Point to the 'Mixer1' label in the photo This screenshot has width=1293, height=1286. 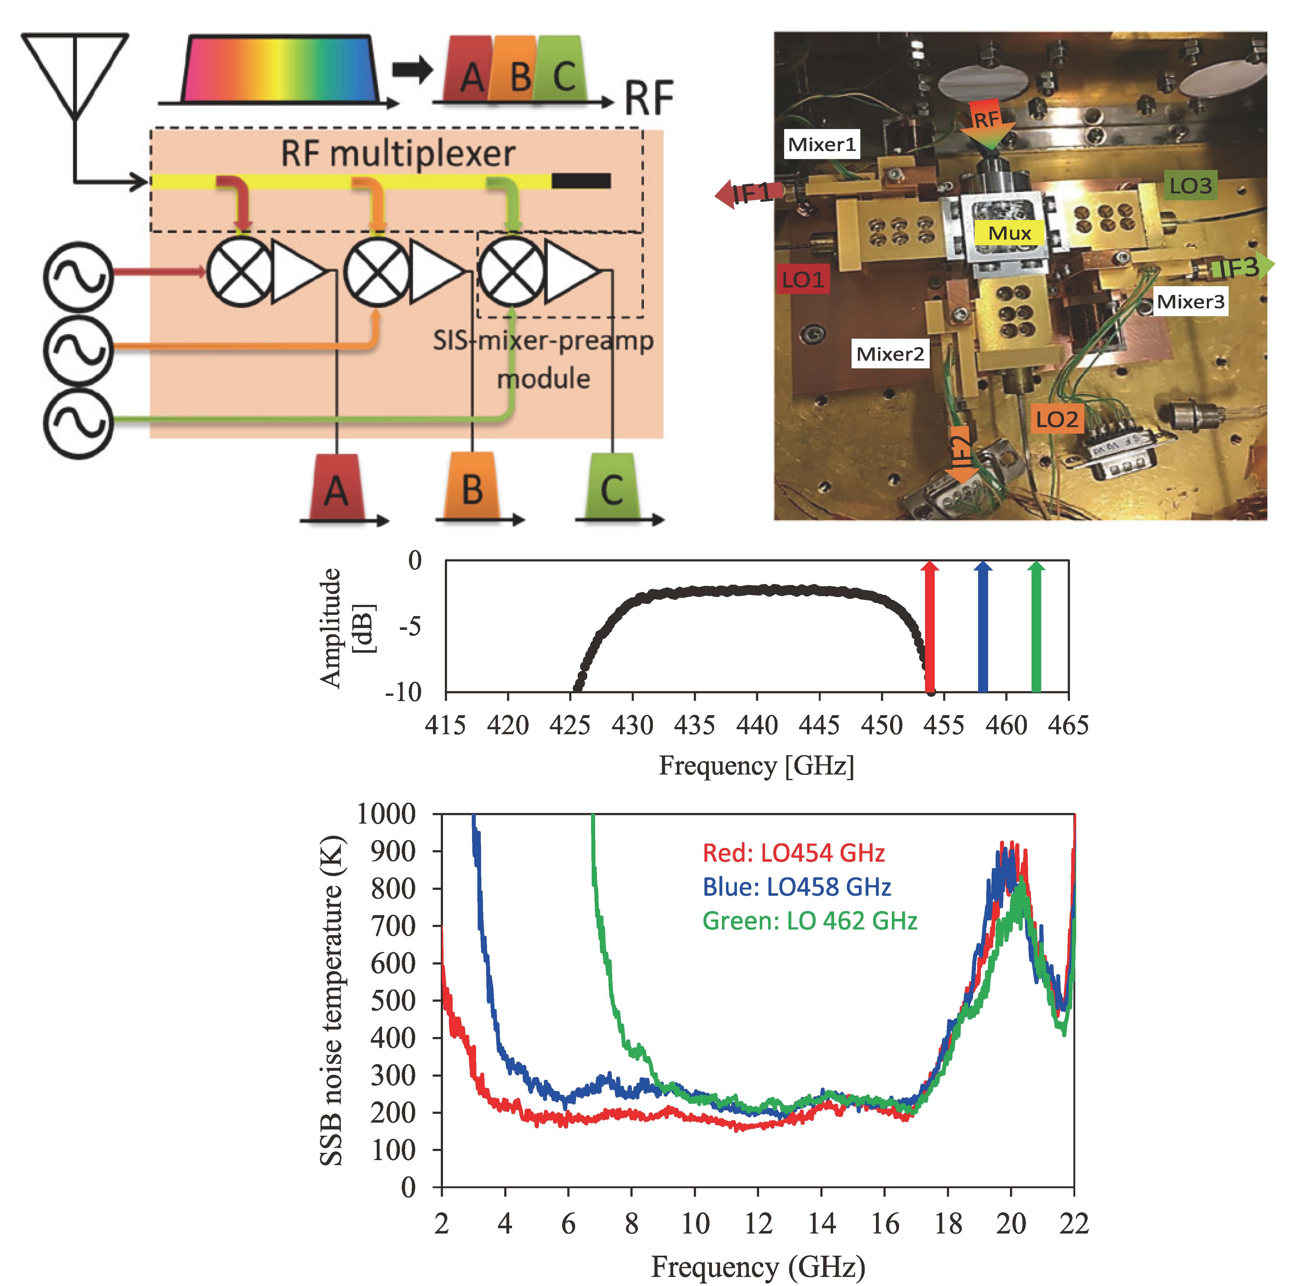coord(822,145)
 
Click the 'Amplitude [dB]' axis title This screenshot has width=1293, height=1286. coord(347,627)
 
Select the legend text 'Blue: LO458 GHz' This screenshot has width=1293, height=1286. coord(796,887)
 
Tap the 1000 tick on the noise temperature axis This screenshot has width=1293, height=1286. coord(386,814)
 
